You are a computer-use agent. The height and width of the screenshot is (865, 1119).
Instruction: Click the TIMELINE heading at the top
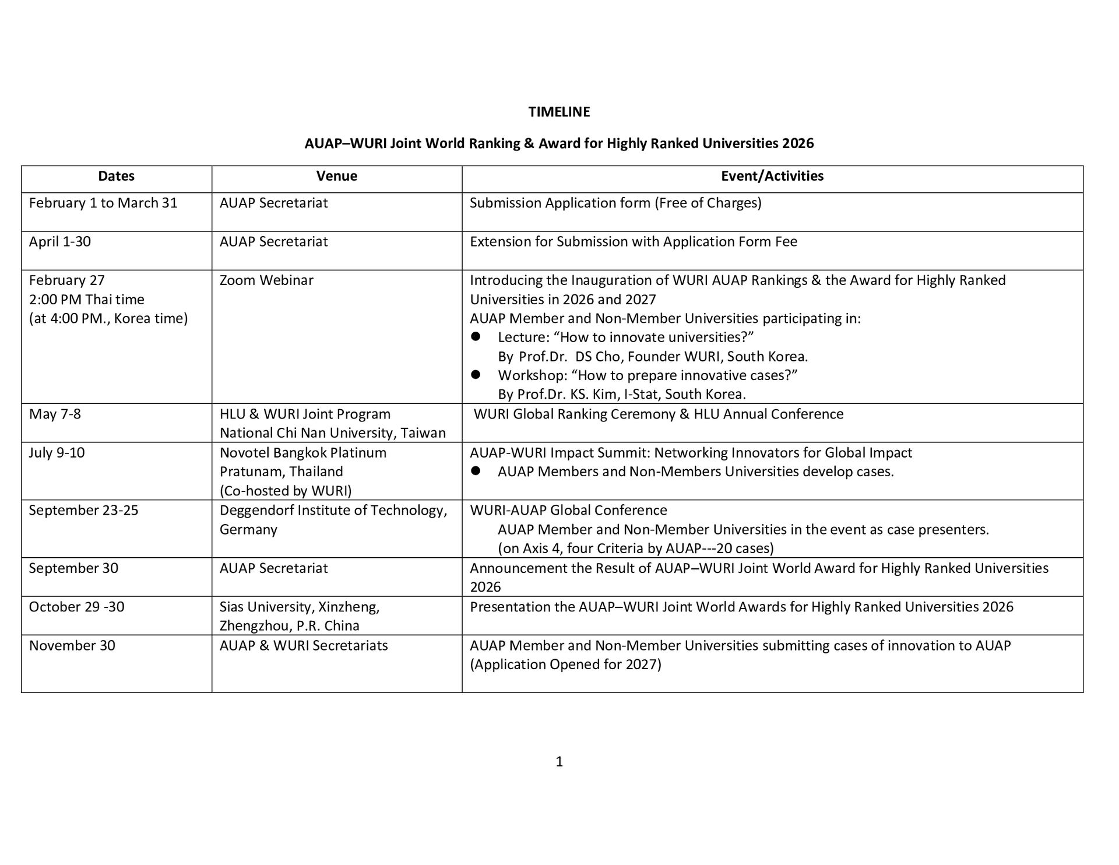tap(559, 112)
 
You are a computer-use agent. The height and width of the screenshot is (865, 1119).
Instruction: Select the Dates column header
tap(116, 176)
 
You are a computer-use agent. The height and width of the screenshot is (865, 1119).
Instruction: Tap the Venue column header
tap(336, 176)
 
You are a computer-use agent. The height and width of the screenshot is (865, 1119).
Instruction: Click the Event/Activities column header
tap(772, 176)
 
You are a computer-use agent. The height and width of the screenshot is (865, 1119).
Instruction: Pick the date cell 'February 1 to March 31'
tap(103, 203)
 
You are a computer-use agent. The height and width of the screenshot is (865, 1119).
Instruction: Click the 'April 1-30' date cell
tap(60, 241)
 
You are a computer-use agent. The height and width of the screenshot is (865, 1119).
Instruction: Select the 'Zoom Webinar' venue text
tap(266, 280)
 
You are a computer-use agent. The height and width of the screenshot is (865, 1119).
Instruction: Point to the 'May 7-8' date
tap(55, 414)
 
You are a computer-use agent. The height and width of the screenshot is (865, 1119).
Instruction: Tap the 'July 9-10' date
tap(57, 453)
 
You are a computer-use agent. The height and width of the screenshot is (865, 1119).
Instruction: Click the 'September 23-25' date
tap(83, 511)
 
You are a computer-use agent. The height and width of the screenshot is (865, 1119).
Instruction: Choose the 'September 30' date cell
tap(73, 568)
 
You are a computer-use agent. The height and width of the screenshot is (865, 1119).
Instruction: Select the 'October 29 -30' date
tap(76, 607)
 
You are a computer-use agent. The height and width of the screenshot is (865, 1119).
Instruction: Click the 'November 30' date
tap(72, 646)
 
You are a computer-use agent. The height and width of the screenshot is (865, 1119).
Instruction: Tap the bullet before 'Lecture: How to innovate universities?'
tap(476, 337)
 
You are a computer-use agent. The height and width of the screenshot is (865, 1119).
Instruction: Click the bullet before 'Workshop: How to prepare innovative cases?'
tap(476, 375)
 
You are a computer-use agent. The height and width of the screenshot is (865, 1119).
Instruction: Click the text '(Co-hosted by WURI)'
tap(286, 491)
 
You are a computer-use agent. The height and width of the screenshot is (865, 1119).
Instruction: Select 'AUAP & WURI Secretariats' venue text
tap(304, 646)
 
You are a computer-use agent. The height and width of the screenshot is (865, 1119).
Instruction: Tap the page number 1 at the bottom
tap(559, 762)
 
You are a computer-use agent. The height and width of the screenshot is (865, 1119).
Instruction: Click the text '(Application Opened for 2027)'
tap(565, 664)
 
